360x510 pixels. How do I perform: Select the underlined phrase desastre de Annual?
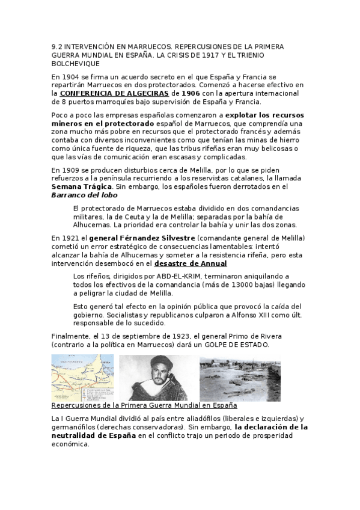(x=191, y=263)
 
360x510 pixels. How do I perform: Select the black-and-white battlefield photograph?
(x=240, y=377)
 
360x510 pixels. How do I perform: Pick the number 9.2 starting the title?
(x=58, y=46)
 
